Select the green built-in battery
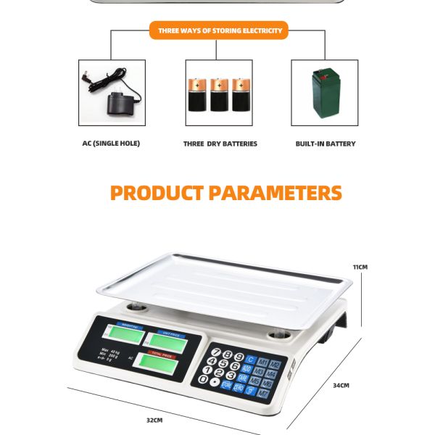[325, 93]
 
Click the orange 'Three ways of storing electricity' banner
[220, 30]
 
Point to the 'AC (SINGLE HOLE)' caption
[111, 144]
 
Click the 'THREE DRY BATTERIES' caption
[220, 144]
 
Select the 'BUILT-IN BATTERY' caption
[326, 144]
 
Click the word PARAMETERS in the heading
[275, 193]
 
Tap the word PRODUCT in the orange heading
[157, 193]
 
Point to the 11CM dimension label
[360, 267]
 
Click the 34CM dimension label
[341, 386]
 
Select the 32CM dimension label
[154, 420]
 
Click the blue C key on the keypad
[250, 360]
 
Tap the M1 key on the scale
[262, 362]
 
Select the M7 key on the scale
[264, 392]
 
